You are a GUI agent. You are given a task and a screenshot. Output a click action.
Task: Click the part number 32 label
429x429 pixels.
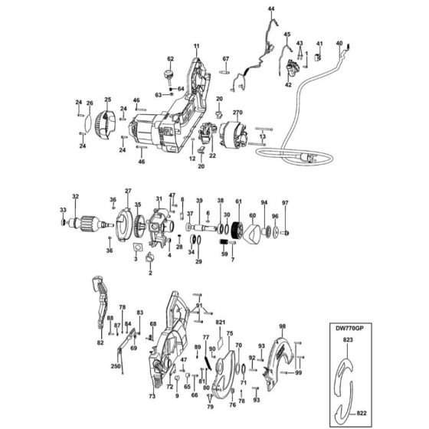(75, 196)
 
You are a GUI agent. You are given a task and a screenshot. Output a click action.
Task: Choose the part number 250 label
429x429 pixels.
(115, 367)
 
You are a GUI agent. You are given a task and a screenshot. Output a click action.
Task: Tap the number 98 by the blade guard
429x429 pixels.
(282, 326)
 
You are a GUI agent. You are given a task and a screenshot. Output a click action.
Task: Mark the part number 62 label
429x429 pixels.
(171, 58)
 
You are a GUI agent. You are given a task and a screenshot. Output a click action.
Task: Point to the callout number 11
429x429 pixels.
(195, 47)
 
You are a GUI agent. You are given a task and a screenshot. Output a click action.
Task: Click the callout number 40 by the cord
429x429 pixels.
(339, 44)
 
